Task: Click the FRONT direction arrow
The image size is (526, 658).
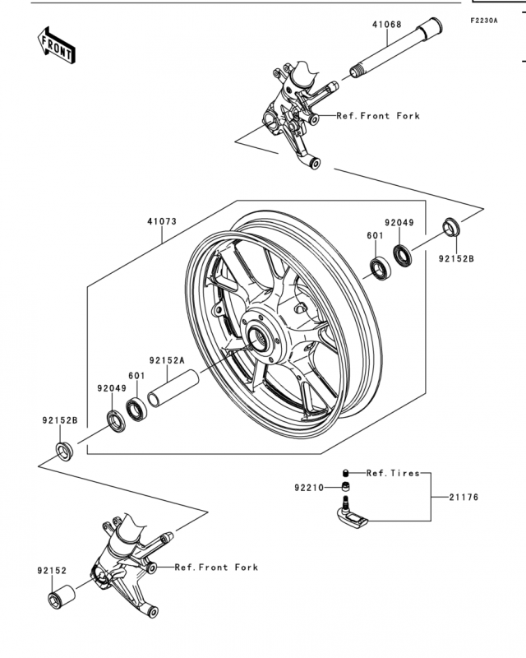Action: tap(56, 45)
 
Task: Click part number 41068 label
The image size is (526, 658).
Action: tap(387, 25)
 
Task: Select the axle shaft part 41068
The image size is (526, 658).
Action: tap(395, 48)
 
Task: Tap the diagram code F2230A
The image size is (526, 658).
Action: tap(483, 20)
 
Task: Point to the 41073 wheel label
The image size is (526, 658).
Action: tap(162, 221)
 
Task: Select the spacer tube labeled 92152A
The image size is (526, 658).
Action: tap(173, 387)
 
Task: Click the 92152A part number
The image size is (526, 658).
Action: tap(167, 360)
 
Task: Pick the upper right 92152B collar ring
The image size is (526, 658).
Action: tap(451, 227)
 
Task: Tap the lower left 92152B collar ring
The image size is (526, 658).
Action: tap(64, 450)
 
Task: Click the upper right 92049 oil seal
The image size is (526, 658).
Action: tap(402, 256)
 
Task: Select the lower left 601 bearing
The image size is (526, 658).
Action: tap(136, 410)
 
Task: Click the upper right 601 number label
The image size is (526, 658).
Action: tap(375, 235)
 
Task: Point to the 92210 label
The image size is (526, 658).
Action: tap(309, 488)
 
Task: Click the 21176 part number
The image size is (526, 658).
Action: tap(464, 498)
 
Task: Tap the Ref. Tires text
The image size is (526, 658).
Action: tap(393, 473)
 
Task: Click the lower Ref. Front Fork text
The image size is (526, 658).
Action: tap(216, 568)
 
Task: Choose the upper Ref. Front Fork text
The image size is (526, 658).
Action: tap(378, 116)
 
